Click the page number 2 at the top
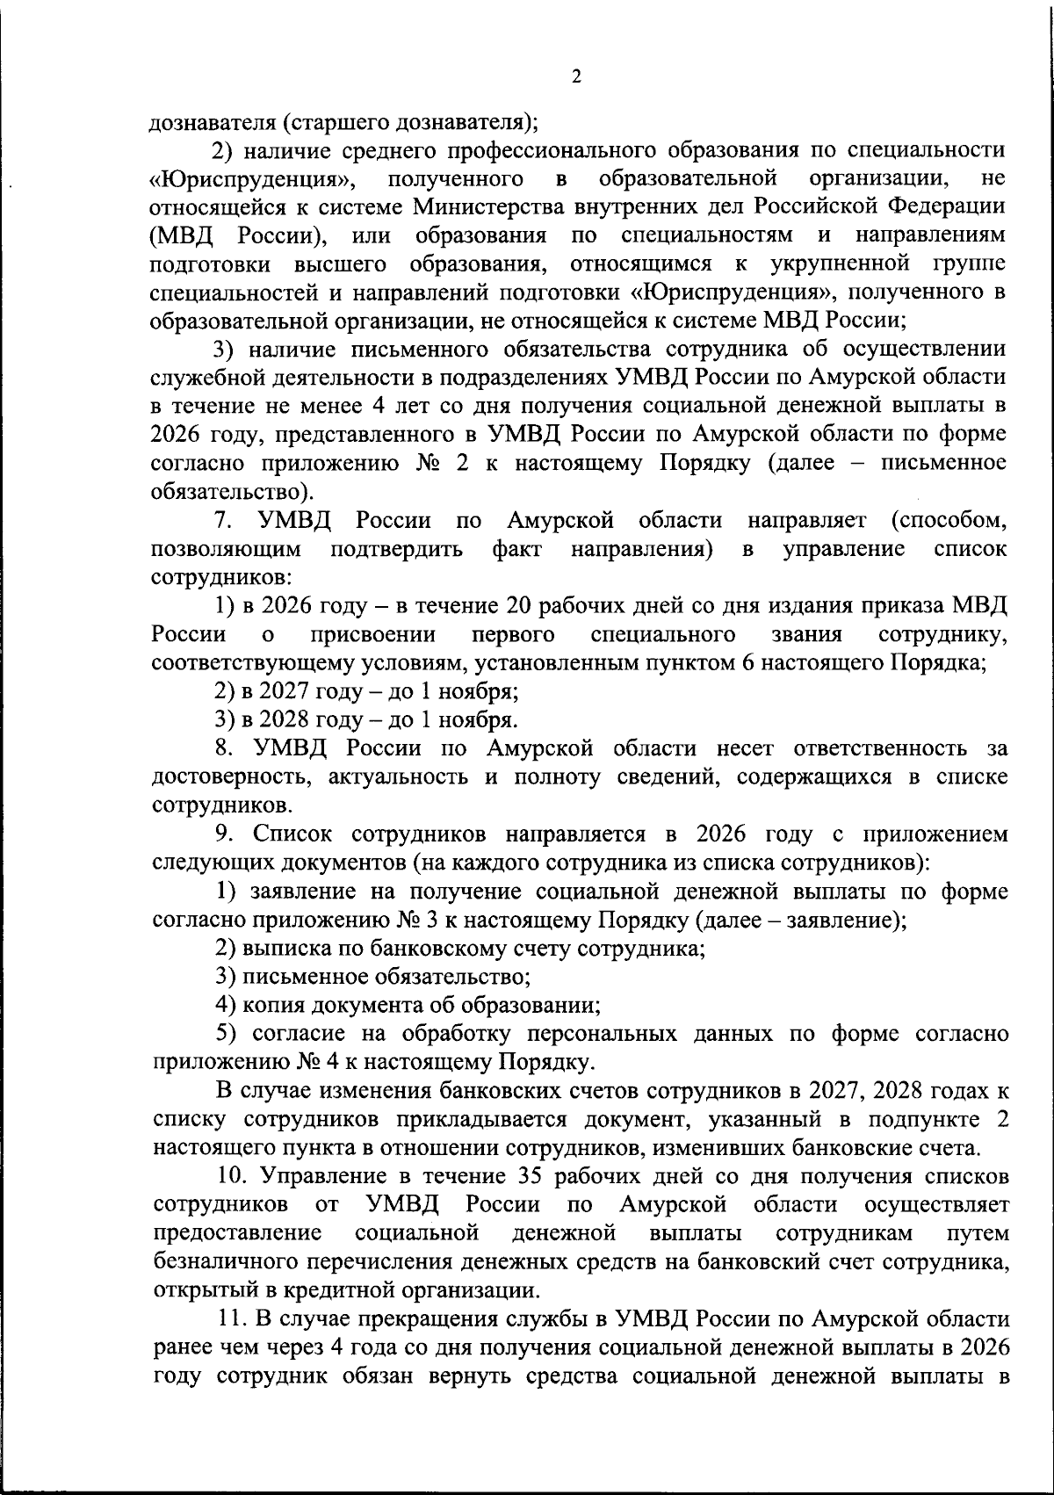coord(575,76)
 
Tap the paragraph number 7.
coord(224,521)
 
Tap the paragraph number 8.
coord(224,748)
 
